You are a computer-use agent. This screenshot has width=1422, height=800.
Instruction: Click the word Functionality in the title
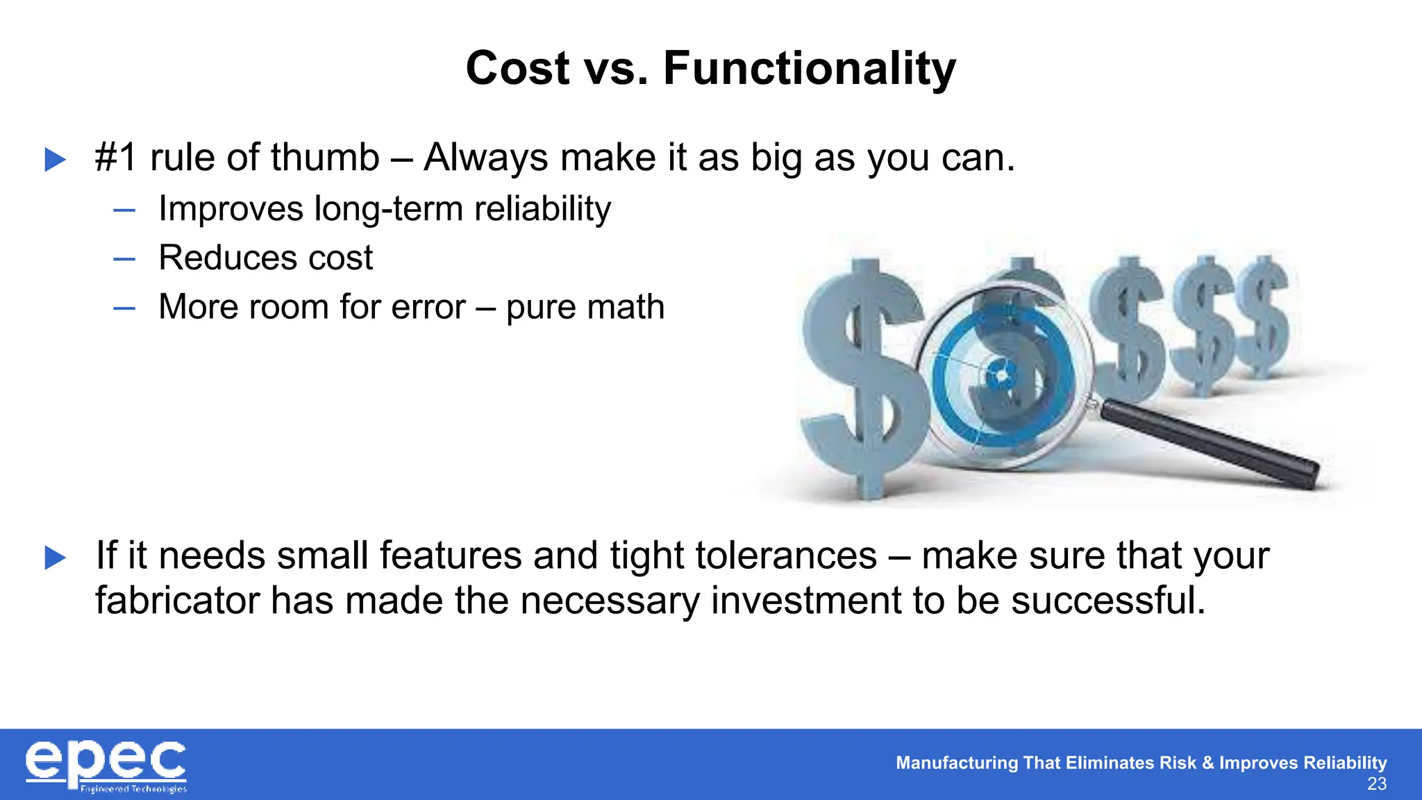click(810, 69)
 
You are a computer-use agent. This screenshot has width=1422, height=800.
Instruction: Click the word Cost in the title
click(517, 69)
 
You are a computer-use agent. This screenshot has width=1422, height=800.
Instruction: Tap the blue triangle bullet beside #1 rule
click(55, 160)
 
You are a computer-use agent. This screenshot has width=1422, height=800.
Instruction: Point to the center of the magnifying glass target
click(1001, 376)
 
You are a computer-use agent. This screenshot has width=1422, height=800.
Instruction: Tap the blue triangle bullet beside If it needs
click(55, 558)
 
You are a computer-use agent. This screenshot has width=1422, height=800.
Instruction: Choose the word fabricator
click(177, 601)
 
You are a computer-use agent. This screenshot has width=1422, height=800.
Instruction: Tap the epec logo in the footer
click(106, 765)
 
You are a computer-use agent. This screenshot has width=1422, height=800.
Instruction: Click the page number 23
click(1376, 784)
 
